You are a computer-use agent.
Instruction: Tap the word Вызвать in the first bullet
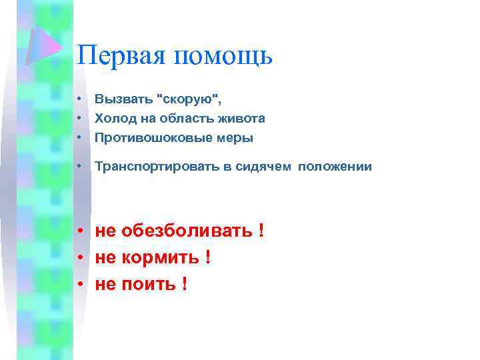coord(122,100)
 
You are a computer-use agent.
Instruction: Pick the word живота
coord(242,119)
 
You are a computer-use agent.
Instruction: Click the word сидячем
coord(263,167)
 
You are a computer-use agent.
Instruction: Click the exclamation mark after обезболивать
coord(261,231)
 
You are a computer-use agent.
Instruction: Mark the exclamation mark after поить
coord(183,284)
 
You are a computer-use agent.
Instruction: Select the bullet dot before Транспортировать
coord(79,167)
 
